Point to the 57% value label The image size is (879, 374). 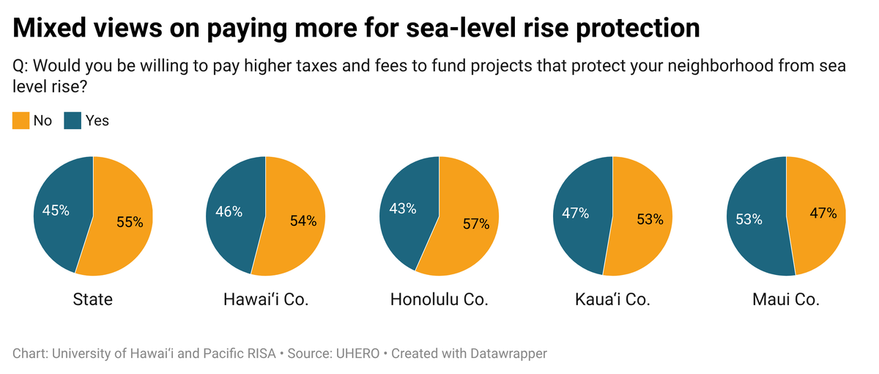tap(475, 224)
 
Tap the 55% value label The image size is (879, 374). tap(130, 222)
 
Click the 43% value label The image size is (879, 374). tap(401, 208)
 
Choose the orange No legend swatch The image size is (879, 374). tap(21, 120)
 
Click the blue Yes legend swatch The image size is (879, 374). tap(73, 120)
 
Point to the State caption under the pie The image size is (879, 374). tap(93, 299)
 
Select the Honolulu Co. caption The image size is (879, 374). tap(439, 299)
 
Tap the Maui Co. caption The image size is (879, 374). tap(785, 299)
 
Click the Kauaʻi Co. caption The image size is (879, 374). tap(612, 299)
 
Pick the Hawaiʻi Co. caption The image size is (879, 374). tap(266, 299)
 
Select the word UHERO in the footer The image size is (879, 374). tap(357, 353)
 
